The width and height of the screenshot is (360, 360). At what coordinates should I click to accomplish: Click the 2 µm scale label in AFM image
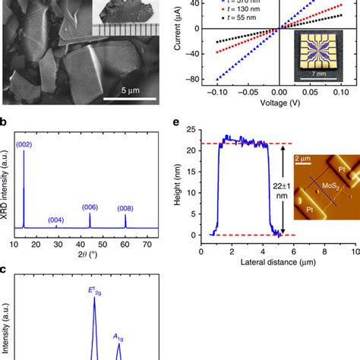point(302,158)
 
